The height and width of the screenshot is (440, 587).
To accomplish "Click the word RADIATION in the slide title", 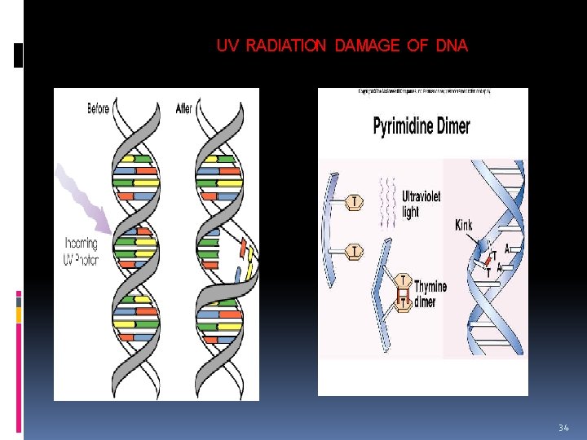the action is (x=285, y=46).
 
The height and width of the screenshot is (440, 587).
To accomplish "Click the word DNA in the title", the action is (x=452, y=46).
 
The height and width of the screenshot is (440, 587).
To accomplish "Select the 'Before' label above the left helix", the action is (x=98, y=109).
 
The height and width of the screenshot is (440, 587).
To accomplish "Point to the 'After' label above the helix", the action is (x=184, y=108).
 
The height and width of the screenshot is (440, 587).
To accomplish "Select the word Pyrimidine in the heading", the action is (x=402, y=127).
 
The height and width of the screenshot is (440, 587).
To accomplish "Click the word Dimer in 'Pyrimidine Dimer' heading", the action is (x=453, y=127).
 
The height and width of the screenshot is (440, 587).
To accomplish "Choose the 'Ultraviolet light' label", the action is (x=421, y=204).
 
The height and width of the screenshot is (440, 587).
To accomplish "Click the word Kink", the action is (x=463, y=225).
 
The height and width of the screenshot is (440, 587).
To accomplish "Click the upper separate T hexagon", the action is (x=355, y=200).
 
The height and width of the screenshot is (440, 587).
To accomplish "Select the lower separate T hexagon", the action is (x=355, y=251).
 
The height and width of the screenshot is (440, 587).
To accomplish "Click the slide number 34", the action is (x=563, y=427).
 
